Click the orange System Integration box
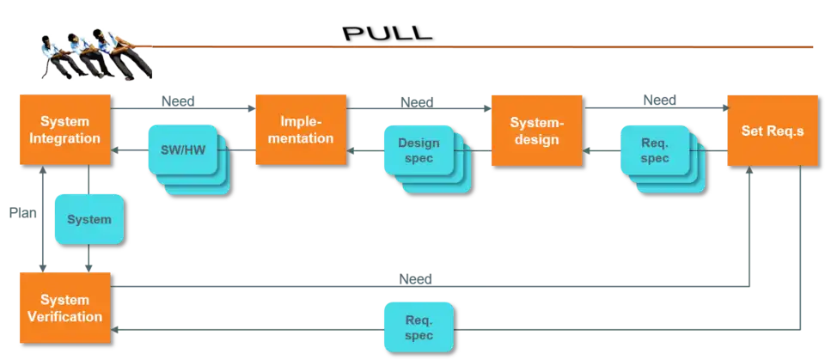(x=64, y=129)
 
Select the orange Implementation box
(x=301, y=129)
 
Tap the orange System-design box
(x=535, y=131)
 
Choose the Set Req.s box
(x=772, y=131)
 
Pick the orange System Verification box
(x=64, y=308)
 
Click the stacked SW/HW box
(x=183, y=151)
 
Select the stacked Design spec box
(x=419, y=151)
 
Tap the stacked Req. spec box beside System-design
(x=655, y=151)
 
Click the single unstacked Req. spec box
(x=419, y=326)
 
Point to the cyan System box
(x=89, y=219)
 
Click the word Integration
(x=64, y=138)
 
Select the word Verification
(x=64, y=316)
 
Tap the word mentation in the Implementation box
(x=301, y=138)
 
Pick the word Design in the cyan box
(x=419, y=143)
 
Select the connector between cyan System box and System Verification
(x=89, y=258)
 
